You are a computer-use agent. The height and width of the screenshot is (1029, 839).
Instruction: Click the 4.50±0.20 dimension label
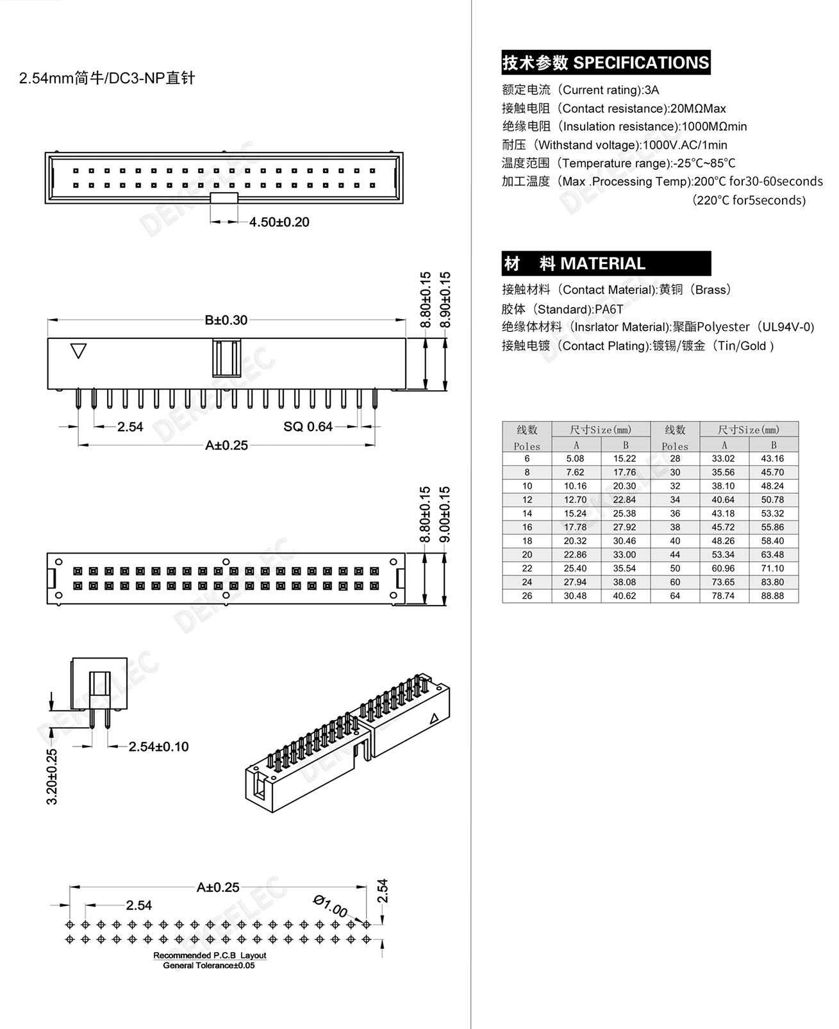pyautogui.click(x=279, y=222)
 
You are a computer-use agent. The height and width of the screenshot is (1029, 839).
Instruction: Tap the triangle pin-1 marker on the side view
pyautogui.click(x=78, y=351)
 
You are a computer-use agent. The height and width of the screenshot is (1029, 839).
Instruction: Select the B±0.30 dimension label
pyautogui.click(x=226, y=320)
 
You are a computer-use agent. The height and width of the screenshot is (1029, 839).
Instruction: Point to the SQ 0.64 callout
pyautogui.click(x=308, y=427)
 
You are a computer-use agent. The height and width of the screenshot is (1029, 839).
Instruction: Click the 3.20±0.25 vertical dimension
pyautogui.click(x=53, y=776)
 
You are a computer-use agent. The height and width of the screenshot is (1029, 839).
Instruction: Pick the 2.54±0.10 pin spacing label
pyautogui.click(x=158, y=746)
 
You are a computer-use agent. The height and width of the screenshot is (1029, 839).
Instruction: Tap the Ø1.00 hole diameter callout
pyautogui.click(x=331, y=906)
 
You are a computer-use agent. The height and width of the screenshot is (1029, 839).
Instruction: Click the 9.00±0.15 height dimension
pyautogui.click(x=445, y=514)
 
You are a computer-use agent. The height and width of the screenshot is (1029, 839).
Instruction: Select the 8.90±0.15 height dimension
pyautogui.click(x=445, y=300)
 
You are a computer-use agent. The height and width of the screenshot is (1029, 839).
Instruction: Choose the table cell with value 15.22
pyautogui.click(x=624, y=459)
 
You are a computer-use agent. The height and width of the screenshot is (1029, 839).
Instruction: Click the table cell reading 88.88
pyautogui.click(x=772, y=596)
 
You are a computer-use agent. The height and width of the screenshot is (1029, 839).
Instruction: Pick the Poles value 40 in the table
pyautogui.click(x=675, y=541)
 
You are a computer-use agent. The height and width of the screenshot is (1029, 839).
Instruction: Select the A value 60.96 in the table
pyautogui.click(x=723, y=568)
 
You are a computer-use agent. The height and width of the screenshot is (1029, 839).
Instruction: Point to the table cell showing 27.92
pyautogui.click(x=624, y=527)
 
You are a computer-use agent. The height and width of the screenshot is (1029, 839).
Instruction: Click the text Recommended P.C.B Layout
pyautogui.click(x=210, y=955)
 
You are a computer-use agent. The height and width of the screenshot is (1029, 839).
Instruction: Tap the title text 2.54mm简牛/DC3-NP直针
pyautogui.click(x=107, y=79)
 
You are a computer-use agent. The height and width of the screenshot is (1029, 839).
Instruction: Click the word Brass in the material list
pyautogui.click(x=711, y=290)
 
